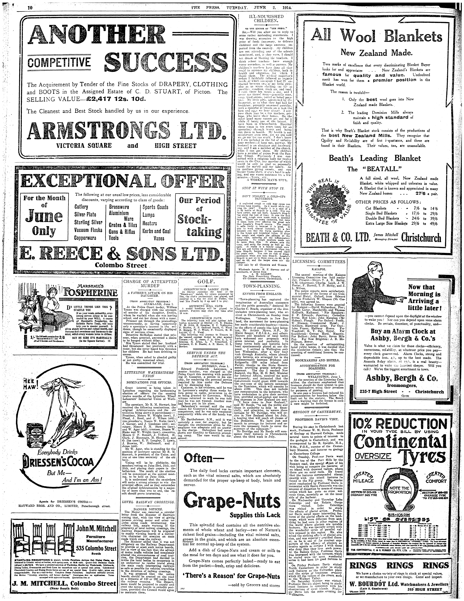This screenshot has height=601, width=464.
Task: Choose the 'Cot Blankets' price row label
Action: tap(376, 208)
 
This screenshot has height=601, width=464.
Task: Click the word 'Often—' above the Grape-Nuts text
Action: tap(198, 458)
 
